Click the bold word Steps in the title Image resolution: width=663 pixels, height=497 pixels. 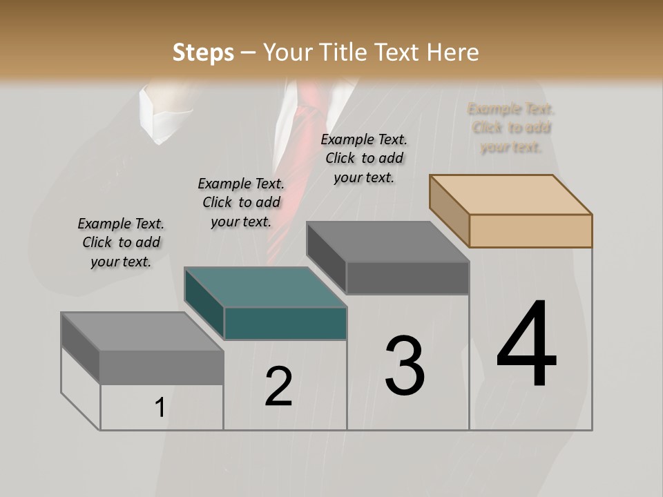click(x=203, y=52)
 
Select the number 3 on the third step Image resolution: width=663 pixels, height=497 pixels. click(x=405, y=366)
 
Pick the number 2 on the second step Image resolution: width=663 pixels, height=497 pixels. click(x=278, y=387)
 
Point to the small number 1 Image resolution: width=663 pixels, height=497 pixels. click(x=160, y=408)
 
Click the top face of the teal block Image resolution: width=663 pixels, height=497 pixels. click(x=265, y=286)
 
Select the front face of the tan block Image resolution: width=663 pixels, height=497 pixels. click(x=530, y=231)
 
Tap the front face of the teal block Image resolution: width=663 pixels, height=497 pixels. click(x=285, y=324)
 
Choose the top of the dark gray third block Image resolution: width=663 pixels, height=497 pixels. click(x=387, y=242)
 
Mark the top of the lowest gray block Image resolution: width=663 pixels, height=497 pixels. click(x=142, y=331)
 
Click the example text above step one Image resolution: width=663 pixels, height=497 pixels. click(x=121, y=242)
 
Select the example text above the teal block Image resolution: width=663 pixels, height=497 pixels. click(x=241, y=202)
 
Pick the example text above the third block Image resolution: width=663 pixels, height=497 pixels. click(x=364, y=158)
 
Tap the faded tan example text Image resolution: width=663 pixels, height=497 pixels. click(x=511, y=128)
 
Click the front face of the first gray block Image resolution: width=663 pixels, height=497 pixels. click(x=162, y=367)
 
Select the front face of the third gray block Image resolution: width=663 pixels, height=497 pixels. click(x=407, y=277)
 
